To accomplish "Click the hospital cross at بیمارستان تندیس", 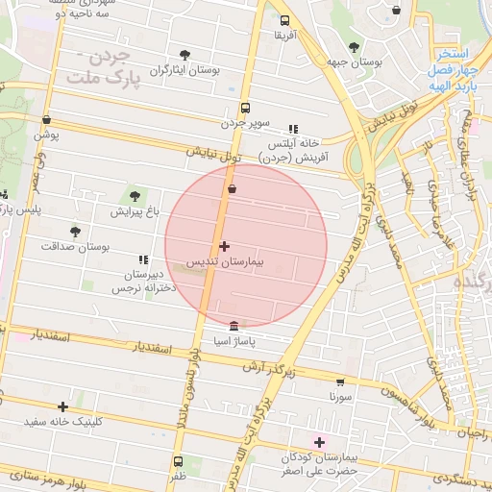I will pos(225,247).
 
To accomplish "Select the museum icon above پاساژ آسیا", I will pos(235,327).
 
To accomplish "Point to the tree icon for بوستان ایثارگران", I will pos(184,55).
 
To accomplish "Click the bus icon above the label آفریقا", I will pos(284,20).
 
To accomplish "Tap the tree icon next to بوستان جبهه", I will pos(354,46).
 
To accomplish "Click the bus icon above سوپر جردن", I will pos(245,108).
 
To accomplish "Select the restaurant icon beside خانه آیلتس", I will pos(293,128).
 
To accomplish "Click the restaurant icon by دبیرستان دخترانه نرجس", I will pos(143,259).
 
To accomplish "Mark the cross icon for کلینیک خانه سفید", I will pos(63,406).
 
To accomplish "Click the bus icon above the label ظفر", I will pos(176,461).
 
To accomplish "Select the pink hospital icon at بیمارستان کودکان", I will pos(320,442).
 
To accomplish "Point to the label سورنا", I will pos(341,396).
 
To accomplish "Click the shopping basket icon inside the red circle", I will pos(232,190).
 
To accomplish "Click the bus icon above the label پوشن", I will pos(46,120).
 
